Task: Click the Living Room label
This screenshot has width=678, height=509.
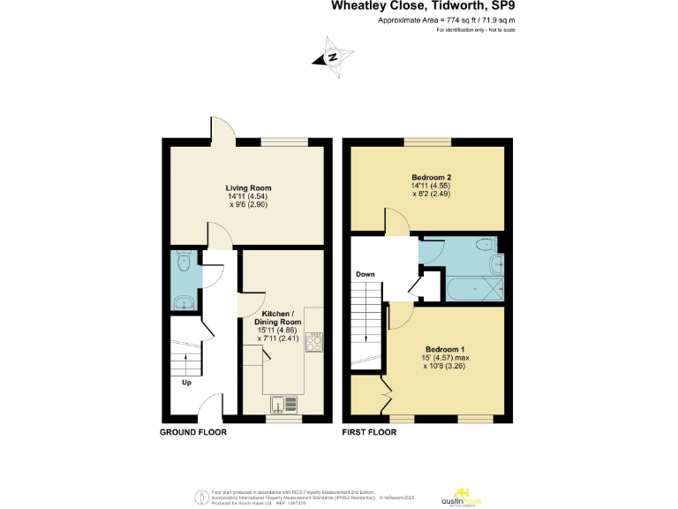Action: (x=248, y=187)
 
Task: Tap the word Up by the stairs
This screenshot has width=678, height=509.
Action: (x=186, y=383)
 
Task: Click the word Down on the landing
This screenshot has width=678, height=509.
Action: (x=365, y=274)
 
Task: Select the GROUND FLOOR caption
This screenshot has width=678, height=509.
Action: (x=193, y=433)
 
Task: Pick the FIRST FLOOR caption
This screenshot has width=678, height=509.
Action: (x=369, y=433)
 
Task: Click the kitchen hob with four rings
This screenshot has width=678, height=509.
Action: (x=314, y=342)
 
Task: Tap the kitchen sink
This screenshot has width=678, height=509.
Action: (x=284, y=405)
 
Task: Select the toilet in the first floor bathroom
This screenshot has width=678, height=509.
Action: (x=484, y=243)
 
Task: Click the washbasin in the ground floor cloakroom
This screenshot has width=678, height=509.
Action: (x=184, y=302)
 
